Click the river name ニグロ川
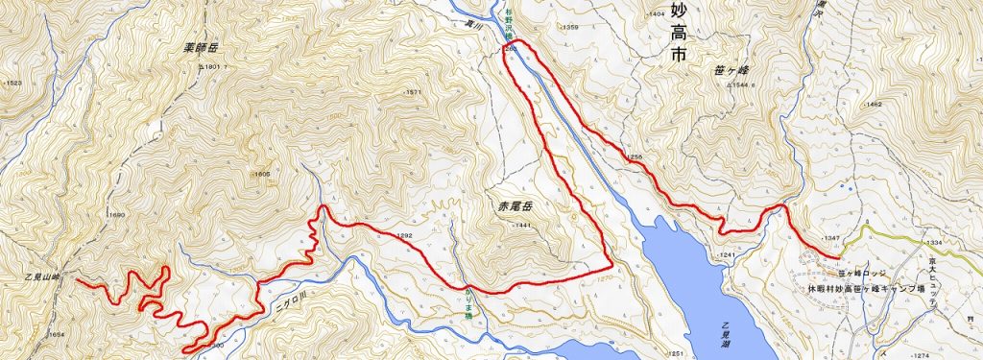(287, 285)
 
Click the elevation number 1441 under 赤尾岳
(521, 225)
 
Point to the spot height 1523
(12, 84)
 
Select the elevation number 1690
(117, 214)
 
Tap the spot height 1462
(872, 103)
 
